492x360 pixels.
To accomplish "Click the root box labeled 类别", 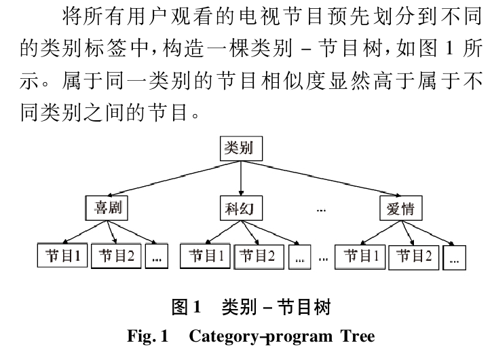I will pos(240,148).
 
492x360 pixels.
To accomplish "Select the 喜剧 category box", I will pos(107,209).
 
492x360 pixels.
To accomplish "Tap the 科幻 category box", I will pos(240,209).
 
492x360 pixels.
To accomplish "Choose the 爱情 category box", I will pos(400,209).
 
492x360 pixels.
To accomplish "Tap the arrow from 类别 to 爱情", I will pos(319,179).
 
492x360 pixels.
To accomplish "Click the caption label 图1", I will pos(187,308).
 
